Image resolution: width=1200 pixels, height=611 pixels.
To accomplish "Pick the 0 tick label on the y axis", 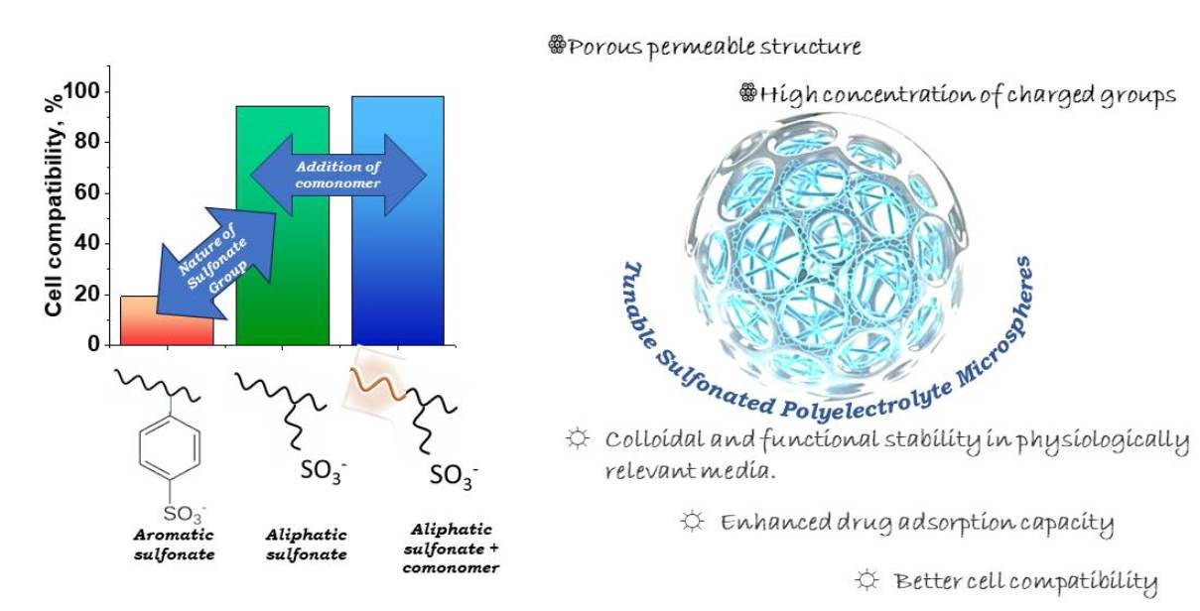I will [x=93, y=344].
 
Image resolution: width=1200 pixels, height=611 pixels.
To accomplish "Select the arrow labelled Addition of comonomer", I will [x=337, y=175].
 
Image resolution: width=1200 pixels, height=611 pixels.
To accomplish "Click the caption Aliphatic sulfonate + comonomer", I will [x=453, y=549].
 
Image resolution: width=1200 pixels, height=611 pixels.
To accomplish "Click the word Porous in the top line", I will [x=604, y=49].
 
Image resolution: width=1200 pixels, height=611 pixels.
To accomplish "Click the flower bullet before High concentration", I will [x=747, y=94].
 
